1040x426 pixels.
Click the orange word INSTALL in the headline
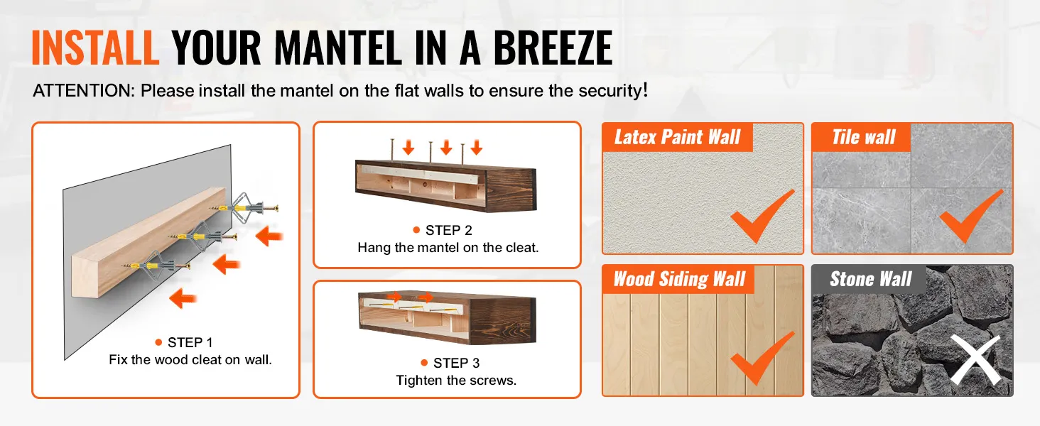95,48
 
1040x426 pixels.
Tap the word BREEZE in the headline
553,48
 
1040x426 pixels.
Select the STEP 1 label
190,342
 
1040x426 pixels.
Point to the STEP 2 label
448,230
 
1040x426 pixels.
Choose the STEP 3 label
456,363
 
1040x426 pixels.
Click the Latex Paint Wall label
678,137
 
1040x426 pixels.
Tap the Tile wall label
864,137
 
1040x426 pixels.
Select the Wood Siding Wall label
679,279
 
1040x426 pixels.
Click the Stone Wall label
870,279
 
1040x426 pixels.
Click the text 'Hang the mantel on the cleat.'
448,248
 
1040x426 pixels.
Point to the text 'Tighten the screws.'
456,381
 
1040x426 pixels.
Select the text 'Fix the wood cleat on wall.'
190,360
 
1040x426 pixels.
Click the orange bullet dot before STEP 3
424,362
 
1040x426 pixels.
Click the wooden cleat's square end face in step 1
87,277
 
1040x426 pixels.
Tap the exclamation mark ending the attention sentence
645,90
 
